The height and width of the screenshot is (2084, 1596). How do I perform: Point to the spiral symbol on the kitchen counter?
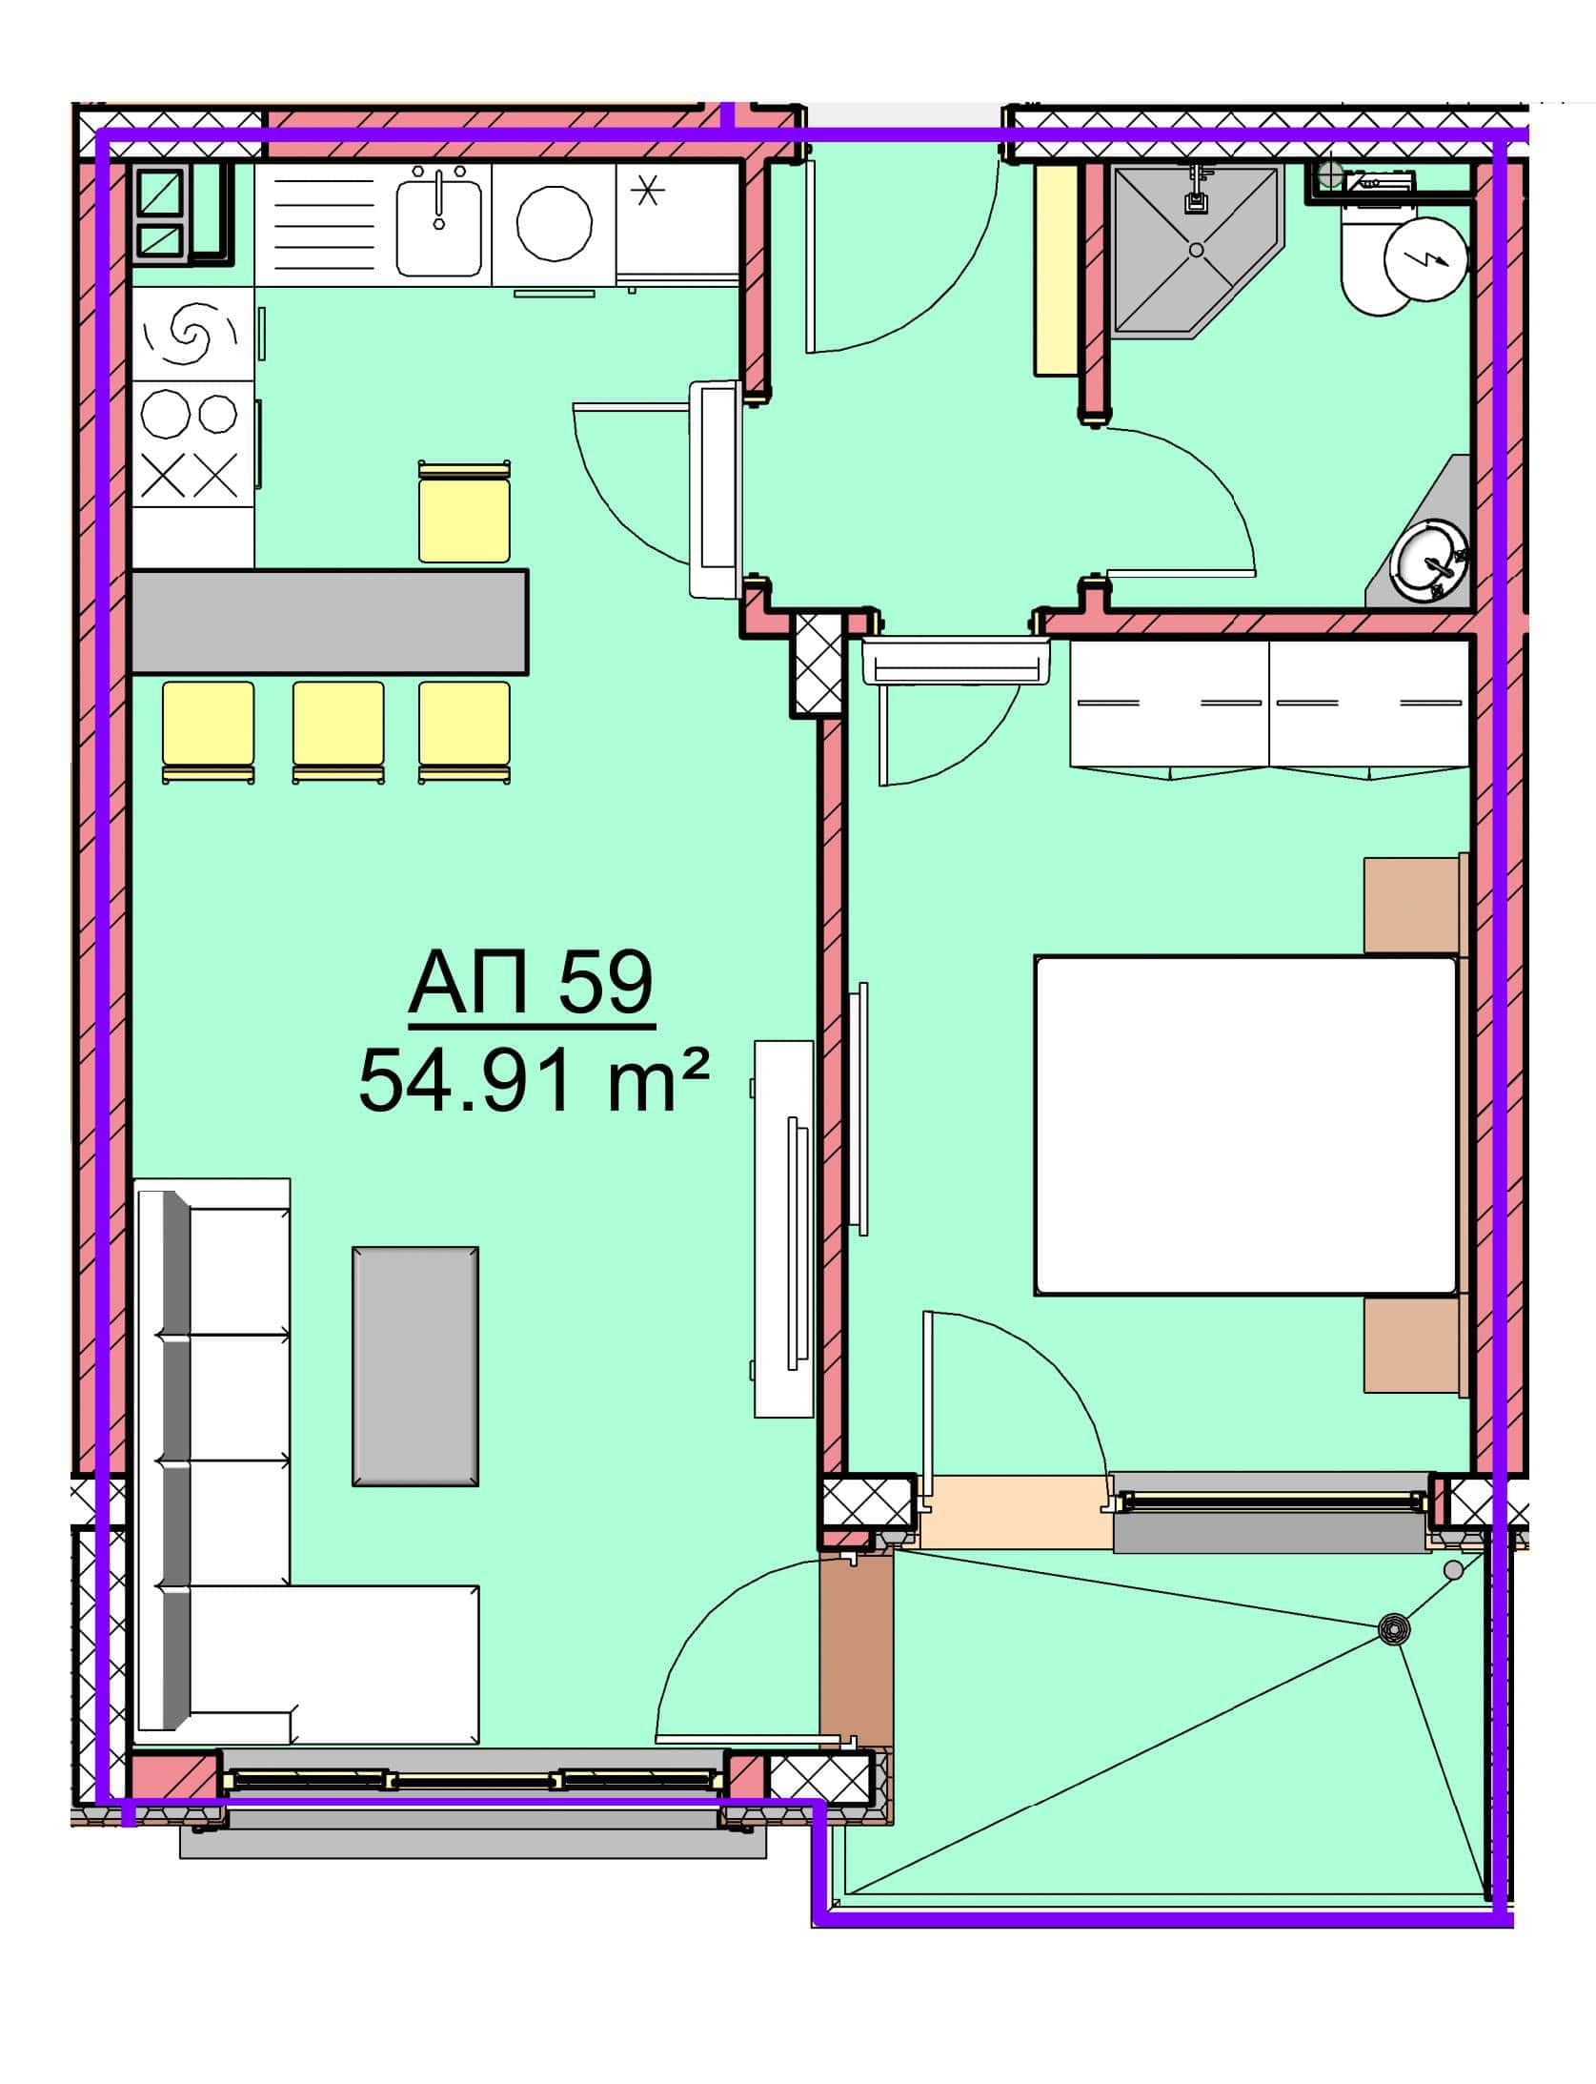[x=190, y=334]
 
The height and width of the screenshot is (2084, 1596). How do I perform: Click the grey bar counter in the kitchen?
[x=330, y=622]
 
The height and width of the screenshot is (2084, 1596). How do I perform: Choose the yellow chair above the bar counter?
[x=464, y=512]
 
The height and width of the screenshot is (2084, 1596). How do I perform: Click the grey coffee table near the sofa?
[x=415, y=1365]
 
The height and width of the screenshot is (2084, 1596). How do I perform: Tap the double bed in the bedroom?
[x=1245, y=1125]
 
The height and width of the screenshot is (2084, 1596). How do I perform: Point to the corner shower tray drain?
[x=1197, y=250]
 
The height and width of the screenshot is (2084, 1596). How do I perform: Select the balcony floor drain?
[x=1394, y=1629]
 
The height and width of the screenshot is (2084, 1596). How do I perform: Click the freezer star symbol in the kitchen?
[x=648, y=192]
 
